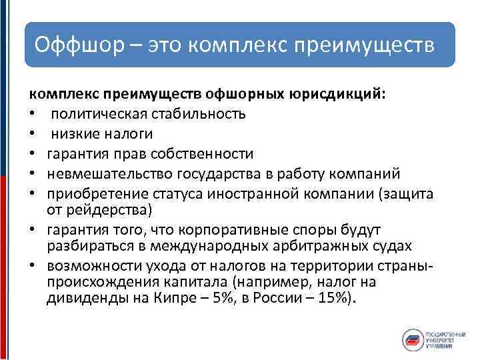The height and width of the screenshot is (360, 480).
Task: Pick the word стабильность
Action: pyautogui.click(x=201, y=114)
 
